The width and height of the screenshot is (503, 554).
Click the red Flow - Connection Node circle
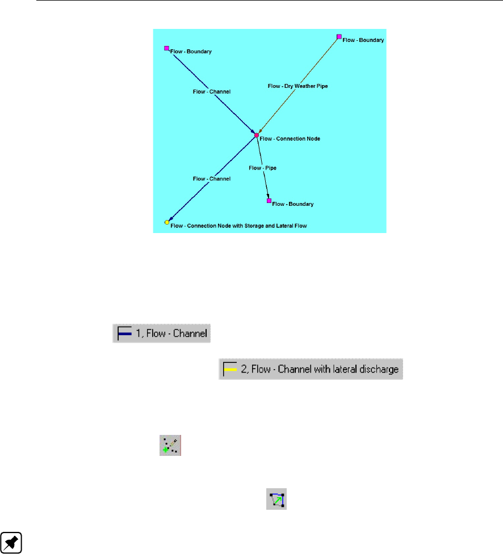(x=257, y=135)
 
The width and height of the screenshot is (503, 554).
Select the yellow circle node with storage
(x=167, y=222)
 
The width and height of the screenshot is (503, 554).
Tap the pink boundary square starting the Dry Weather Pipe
(x=339, y=36)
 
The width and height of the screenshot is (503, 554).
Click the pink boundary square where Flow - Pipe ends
(x=269, y=200)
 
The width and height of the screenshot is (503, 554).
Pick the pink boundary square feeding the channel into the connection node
(x=166, y=48)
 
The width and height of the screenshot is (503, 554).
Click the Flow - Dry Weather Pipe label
(x=297, y=86)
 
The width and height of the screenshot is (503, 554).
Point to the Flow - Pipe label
(x=262, y=168)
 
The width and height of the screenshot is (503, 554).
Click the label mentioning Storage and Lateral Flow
(x=238, y=226)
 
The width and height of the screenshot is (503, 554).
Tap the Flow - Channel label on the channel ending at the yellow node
(x=211, y=179)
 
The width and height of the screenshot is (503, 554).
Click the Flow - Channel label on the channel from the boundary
(x=211, y=91)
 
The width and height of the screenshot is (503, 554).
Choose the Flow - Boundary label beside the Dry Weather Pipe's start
(x=363, y=40)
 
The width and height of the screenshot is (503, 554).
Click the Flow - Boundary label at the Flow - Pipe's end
(x=293, y=203)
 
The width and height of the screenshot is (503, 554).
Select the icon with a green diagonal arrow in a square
(x=276, y=500)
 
